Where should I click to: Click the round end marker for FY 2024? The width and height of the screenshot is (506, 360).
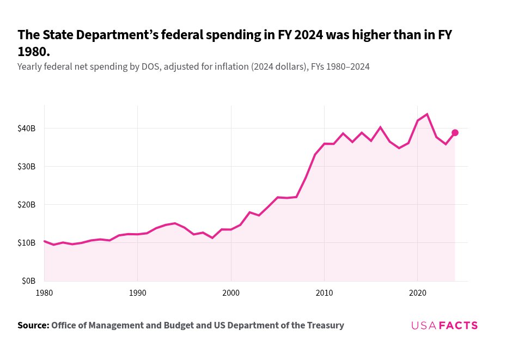coord(455,133)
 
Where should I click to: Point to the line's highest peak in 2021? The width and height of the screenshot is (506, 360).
coord(427,114)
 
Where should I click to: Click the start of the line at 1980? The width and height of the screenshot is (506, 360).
coord(45,241)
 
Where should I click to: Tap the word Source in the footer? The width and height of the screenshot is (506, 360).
coord(32,326)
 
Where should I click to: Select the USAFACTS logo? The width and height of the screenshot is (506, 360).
coord(444,326)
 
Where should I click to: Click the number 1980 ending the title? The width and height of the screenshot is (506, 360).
coord(33,52)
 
